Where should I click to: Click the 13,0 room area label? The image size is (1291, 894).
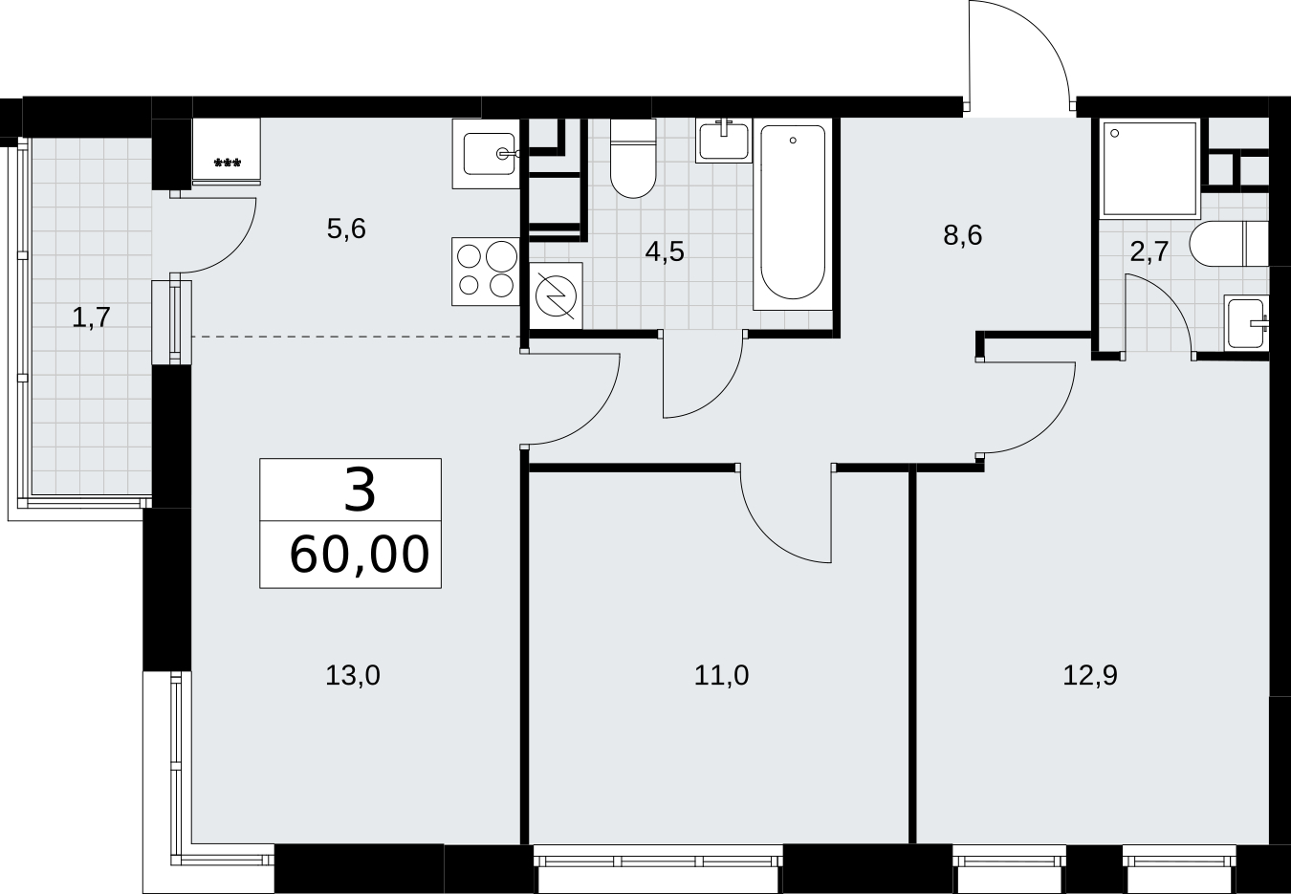click(x=353, y=676)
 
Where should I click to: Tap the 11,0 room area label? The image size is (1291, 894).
click(x=721, y=676)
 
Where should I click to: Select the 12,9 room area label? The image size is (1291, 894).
click(x=1090, y=676)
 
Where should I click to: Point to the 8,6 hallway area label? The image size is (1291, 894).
click(x=962, y=235)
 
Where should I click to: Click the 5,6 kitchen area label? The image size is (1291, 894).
click(x=346, y=229)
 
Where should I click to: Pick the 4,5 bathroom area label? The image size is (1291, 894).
click(x=665, y=251)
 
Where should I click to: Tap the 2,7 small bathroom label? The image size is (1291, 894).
click(x=1149, y=251)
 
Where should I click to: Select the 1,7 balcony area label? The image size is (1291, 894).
click(x=91, y=317)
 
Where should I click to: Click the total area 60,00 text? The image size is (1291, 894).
click(x=360, y=555)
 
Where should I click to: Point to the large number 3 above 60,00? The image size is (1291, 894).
click(x=360, y=490)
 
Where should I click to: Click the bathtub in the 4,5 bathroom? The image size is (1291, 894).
click(x=793, y=214)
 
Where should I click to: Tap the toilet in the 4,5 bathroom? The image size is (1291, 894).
click(x=633, y=159)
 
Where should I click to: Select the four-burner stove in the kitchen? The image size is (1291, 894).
click(x=486, y=272)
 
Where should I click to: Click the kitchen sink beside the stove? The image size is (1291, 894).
click(x=486, y=154)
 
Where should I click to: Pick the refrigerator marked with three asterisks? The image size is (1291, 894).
click(x=226, y=152)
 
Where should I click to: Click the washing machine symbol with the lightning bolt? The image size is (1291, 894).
click(x=556, y=295)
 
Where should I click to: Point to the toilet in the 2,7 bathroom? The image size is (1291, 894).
click(x=1230, y=243)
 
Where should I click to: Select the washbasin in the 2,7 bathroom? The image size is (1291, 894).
click(x=1247, y=323)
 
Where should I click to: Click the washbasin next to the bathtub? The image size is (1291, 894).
click(x=724, y=141)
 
